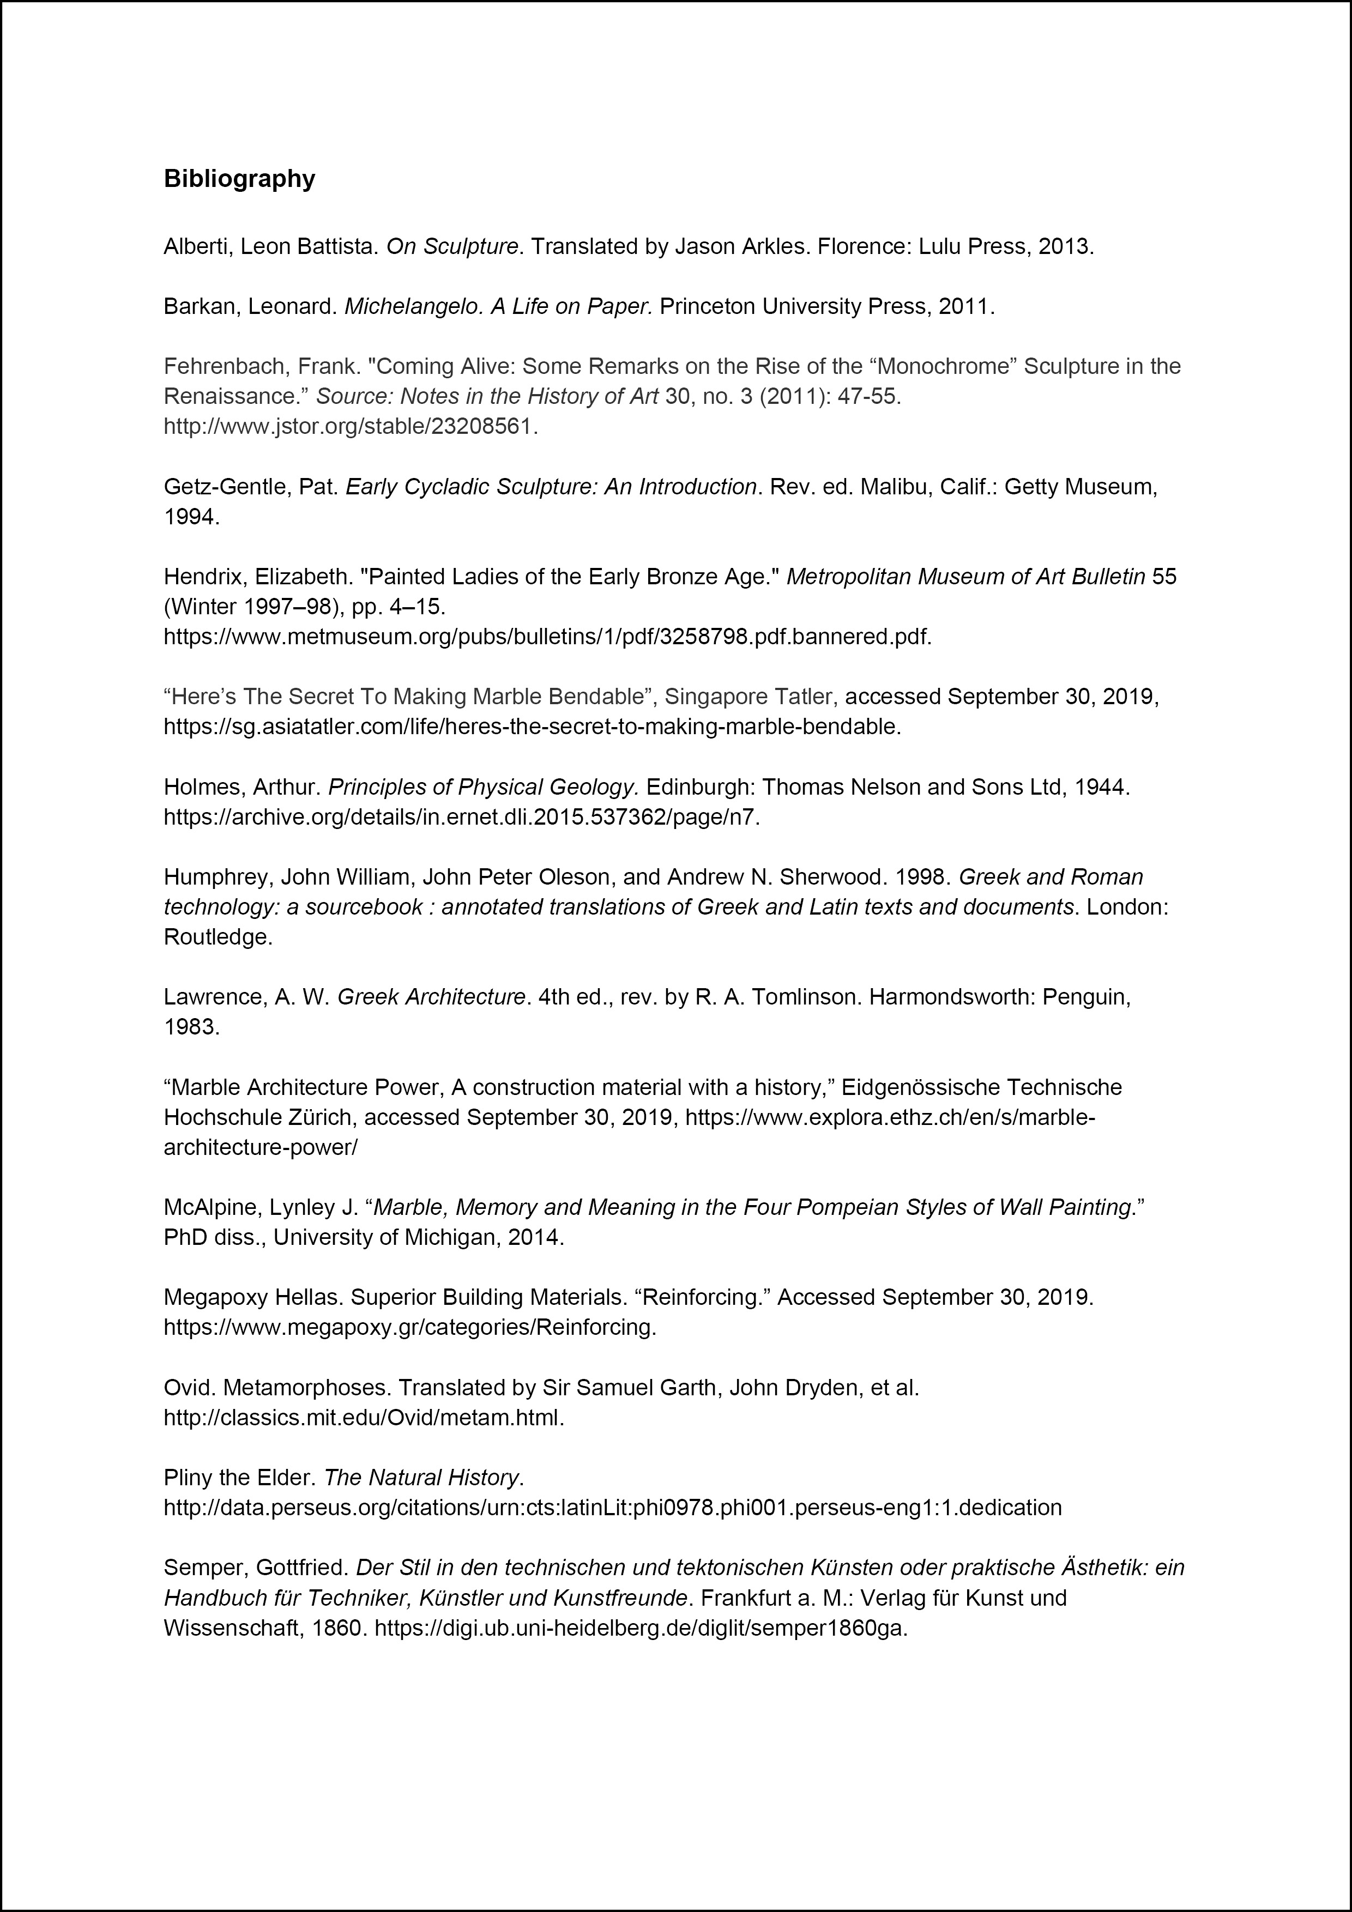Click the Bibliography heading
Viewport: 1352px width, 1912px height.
pyautogui.click(x=239, y=179)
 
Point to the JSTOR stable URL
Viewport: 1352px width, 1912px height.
pyautogui.click(x=351, y=426)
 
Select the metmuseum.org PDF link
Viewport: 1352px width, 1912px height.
pyautogui.click(x=547, y=637)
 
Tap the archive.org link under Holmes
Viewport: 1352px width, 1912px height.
pyautogui.click(x=462, y=817)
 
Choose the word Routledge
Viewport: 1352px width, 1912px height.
pyautogui.click(x=218, y=937)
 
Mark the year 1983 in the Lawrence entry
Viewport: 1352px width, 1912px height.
pyautogui.click(x=191, y=1027)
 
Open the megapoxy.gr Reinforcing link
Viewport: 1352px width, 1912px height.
pyautogui.click(x=410, y=1327)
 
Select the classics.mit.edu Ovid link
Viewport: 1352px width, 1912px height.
pyautogui.click(x=364, y=1417)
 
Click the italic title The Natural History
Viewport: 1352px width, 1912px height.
pyautogui.click(x=421, y=1477)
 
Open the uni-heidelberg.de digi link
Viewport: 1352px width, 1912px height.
pyautogui.click(x=641, y=1627)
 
